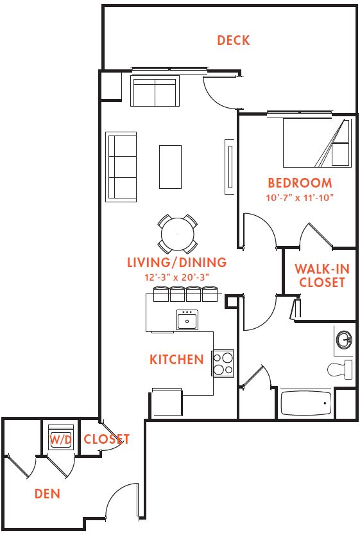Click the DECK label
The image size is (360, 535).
tap(234, 40)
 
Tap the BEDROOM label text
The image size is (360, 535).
tap(300, 183)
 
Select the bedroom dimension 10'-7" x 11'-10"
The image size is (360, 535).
tap(300, 198)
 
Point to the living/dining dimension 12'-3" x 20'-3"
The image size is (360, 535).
tap(176, 277)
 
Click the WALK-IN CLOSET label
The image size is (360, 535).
tap(322, 276)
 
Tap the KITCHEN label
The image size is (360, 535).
tap(176, 359)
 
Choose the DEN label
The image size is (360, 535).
tap(47, 493)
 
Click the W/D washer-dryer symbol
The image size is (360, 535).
tap(61, 437)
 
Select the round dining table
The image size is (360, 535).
tap(178, 234)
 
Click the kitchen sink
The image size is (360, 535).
tap(187, 320)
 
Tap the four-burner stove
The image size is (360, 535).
tap(223, 364)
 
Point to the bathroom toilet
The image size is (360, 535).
tap(340, 369)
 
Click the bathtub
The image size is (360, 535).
tap(306, 403)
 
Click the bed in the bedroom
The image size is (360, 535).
tap(317, 143)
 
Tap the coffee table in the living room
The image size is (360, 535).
tap(170, 167)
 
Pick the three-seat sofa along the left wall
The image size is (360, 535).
tap(121, 167)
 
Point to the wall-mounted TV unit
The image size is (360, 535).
tap(230, 167)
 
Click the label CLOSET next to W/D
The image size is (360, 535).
tap(107, 439)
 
